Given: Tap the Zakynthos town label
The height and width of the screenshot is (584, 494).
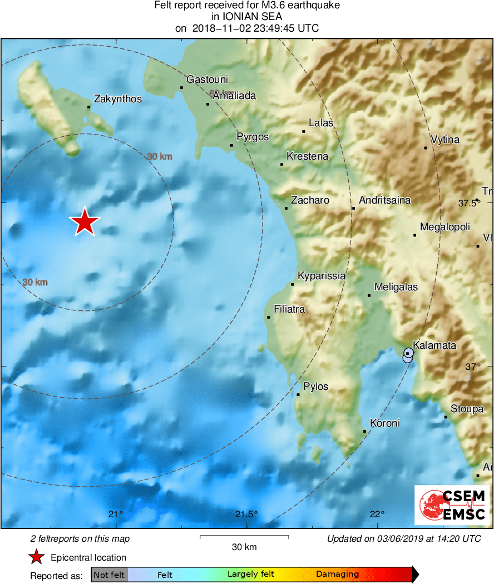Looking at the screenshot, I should coord(118,100).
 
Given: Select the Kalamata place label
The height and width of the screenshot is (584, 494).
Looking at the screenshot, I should coord(434,345).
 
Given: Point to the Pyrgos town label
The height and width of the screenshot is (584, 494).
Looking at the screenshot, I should coord(253,137).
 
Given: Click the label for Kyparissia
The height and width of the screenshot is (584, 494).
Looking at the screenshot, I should coord(322,276).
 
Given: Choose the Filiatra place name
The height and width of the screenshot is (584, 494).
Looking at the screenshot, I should coord(289,309).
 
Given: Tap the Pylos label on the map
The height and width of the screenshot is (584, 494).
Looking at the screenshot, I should coord(315,387).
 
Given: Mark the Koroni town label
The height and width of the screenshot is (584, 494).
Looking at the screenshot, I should coord(384,423).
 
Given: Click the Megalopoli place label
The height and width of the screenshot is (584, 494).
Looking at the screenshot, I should coord(445,227).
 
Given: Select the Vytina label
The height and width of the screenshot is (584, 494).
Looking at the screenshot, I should coord(445,140).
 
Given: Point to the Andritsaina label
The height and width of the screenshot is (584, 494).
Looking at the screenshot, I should coord(385,200).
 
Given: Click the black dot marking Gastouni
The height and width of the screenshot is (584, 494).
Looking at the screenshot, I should coord(182,87).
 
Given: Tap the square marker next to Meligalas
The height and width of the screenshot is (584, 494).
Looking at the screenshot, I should coord(369,295).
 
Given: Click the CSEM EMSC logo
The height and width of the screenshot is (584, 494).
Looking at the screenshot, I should coord(452,505).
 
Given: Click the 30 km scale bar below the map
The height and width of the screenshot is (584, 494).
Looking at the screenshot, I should coord(244,537).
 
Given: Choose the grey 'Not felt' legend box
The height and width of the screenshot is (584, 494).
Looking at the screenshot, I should coord(109,575).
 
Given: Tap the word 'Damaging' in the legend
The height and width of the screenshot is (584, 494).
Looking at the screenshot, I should coord(337,575).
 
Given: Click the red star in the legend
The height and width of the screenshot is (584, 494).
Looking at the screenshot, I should coord(37,557).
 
